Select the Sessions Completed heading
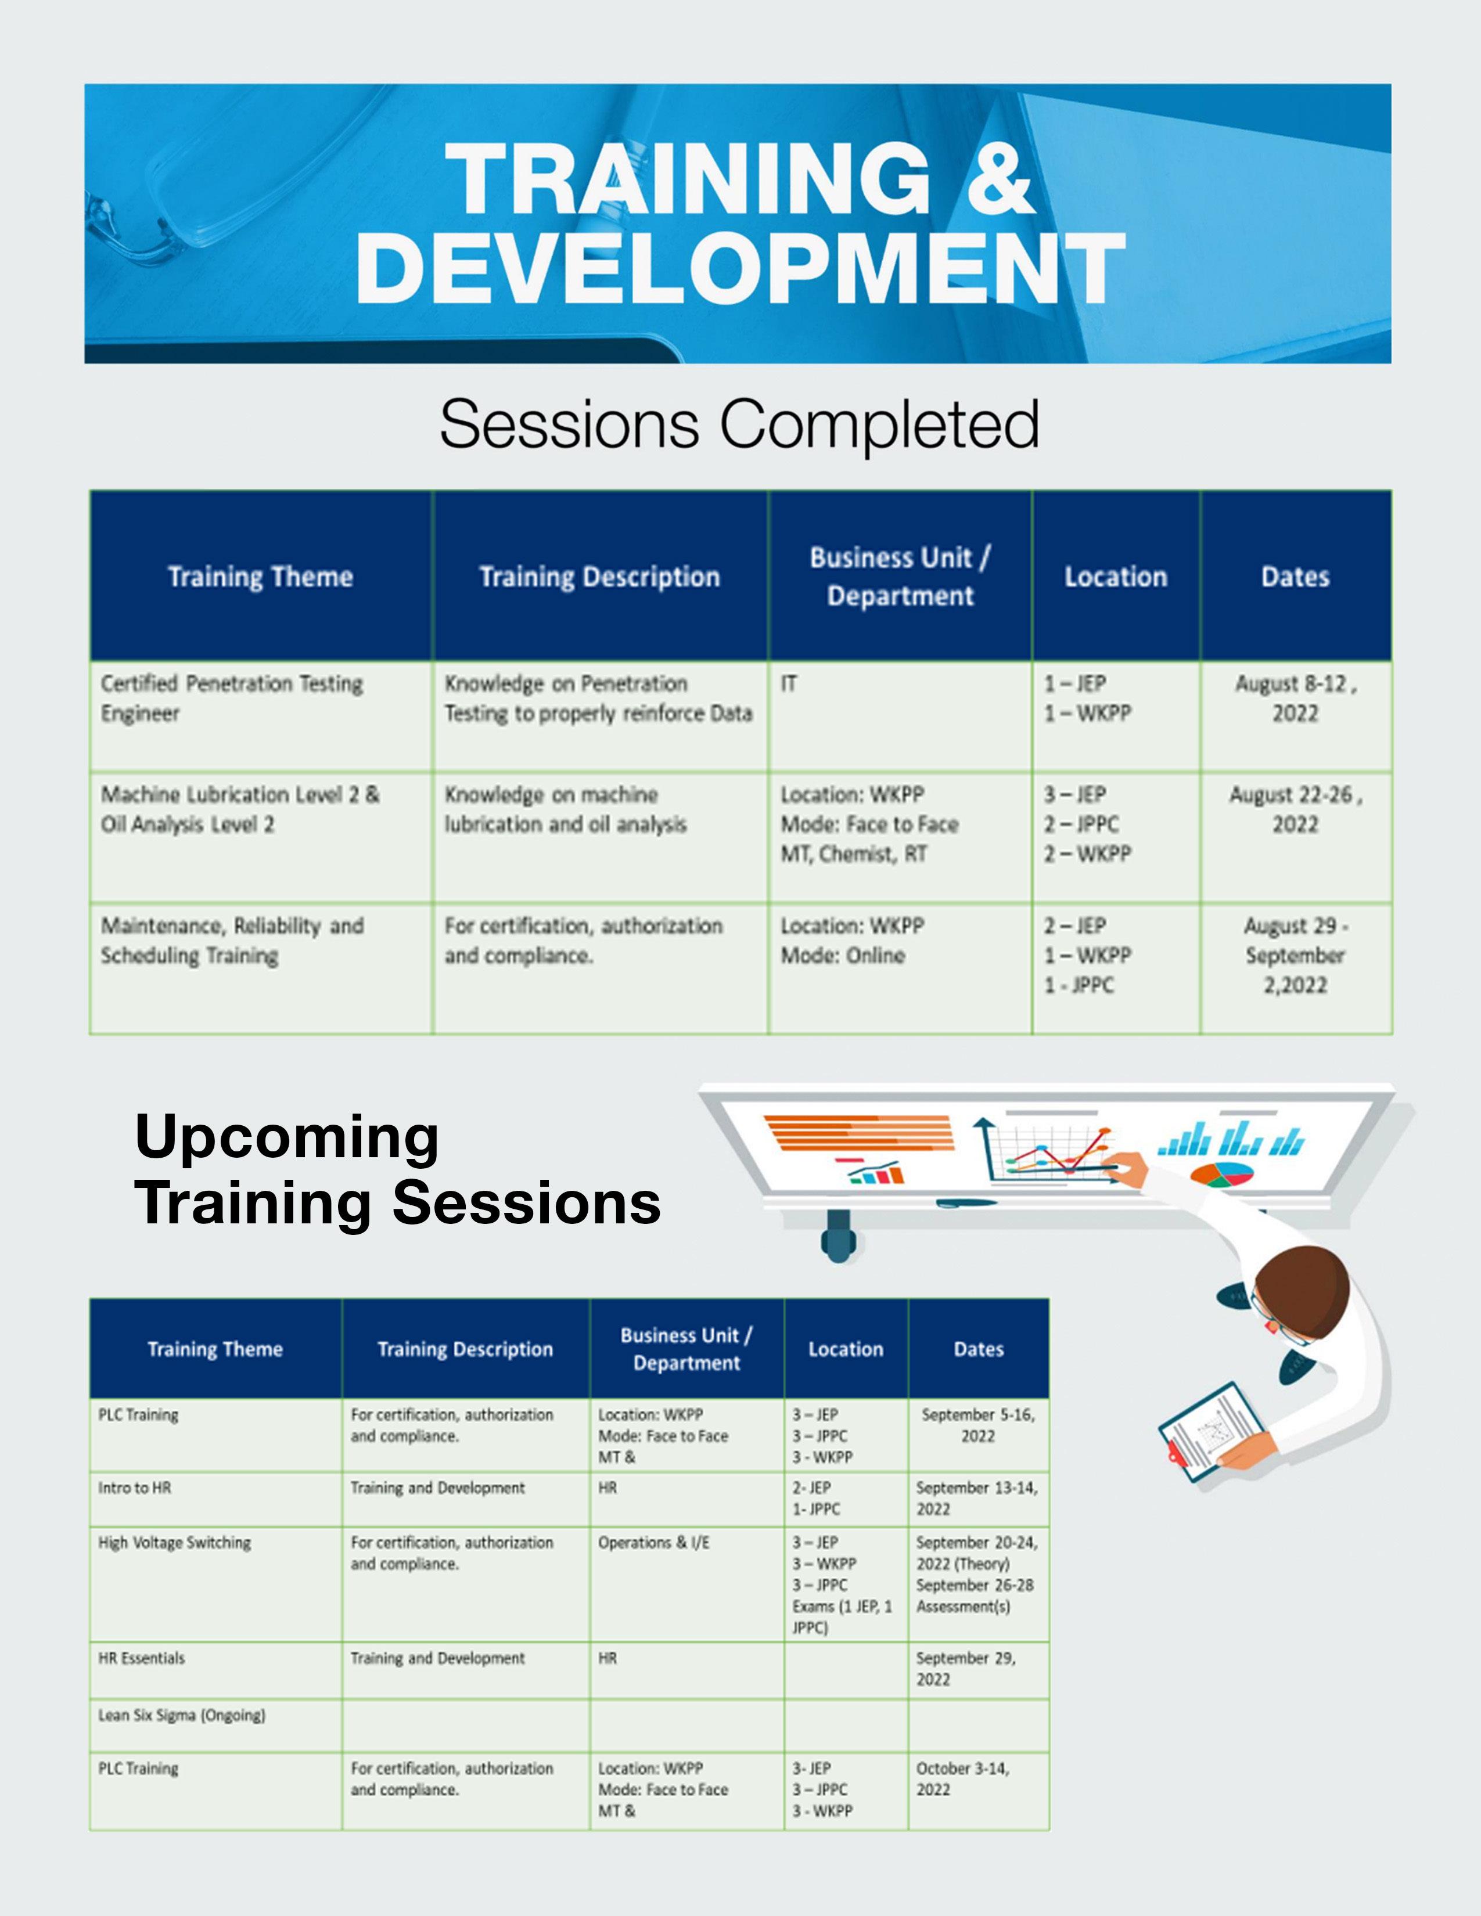(x=739, y=424)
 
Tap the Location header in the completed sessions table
(x=1116, y=577)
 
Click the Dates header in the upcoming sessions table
(x=978, y=1348)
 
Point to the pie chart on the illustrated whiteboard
(x=1222, y=1175)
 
